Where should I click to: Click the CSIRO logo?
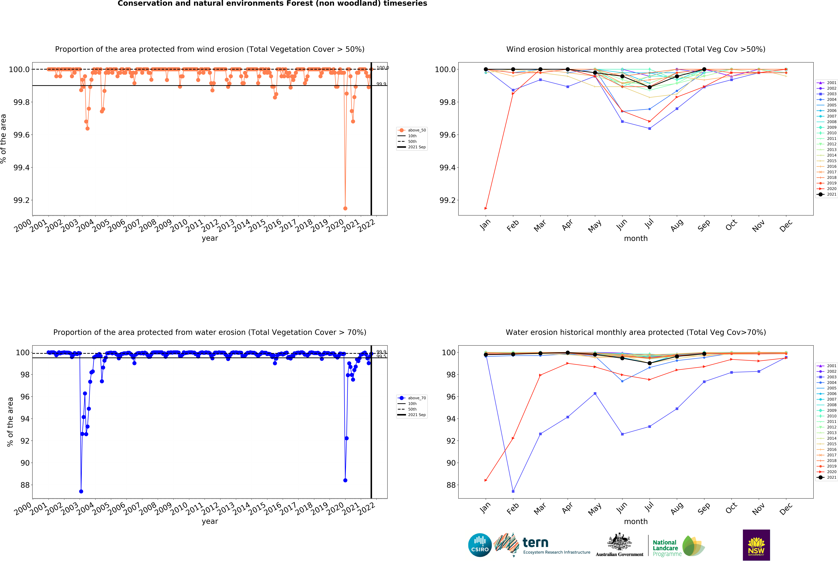coord(480,545)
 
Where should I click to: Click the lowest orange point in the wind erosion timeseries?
coord(345,208)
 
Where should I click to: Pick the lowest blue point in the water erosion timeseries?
coord(81,491)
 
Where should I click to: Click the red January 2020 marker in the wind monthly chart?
coord(486,208)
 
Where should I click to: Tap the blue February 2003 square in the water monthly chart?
coord(513,491)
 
